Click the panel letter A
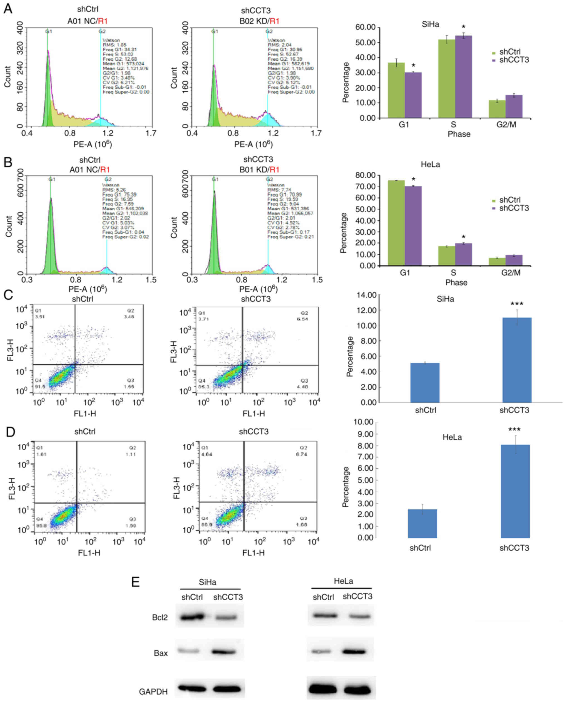(8, 9)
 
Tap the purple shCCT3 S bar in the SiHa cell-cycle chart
(463, 77)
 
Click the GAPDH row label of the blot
(153, 691)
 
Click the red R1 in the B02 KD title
(275, 21)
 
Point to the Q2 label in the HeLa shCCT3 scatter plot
(304, 448)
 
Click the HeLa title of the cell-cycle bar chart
(430, 164)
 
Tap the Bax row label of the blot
(161, 653)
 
